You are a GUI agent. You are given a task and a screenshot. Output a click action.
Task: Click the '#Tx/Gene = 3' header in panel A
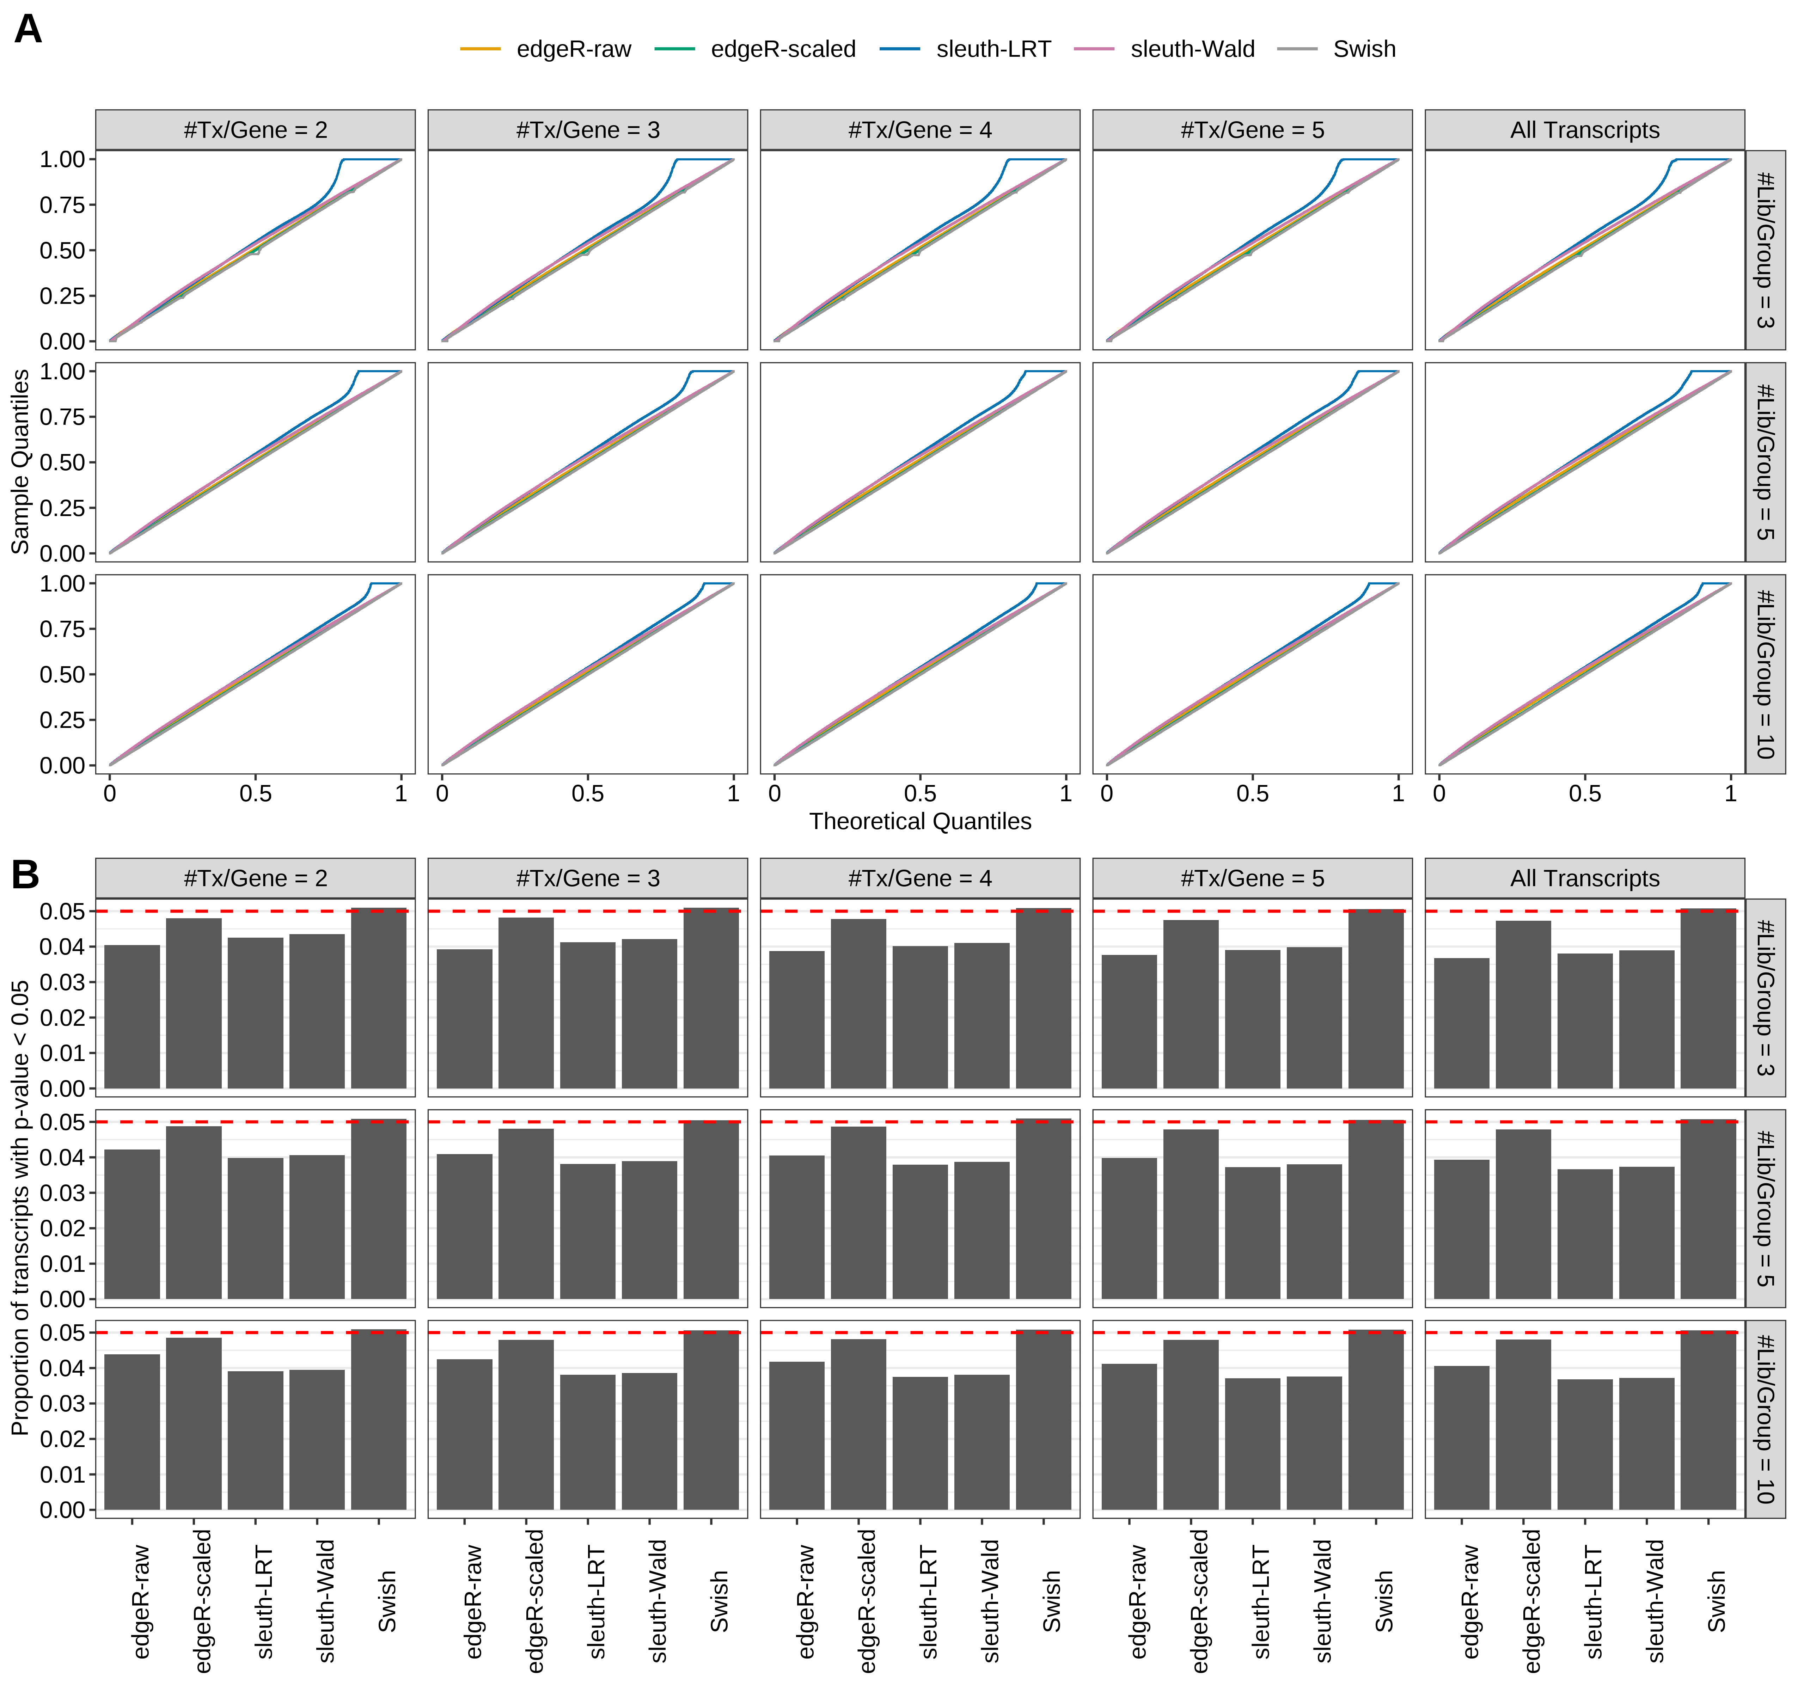[x=588, y=130]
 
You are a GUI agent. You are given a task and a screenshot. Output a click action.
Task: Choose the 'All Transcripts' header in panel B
[x=1585, y=878]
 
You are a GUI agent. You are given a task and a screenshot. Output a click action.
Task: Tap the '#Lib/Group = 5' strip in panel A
[x=1765, y=462]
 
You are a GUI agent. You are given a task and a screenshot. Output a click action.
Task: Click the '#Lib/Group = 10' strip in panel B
[x=1765, y=1419]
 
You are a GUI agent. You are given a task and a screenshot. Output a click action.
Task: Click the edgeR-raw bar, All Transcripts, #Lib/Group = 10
[x=1462, y=1438]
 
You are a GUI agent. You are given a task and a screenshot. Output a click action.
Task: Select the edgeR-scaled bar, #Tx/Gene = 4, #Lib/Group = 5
[x=858, y=1212]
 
